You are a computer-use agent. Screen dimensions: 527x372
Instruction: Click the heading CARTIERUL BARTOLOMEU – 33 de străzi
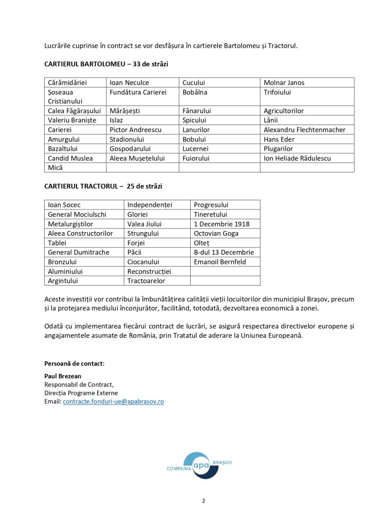point(106,64)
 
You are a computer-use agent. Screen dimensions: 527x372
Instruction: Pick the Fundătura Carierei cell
point(138,92)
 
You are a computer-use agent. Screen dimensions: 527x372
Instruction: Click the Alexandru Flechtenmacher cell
point(304,130)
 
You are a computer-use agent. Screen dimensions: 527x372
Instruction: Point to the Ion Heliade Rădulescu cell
point(297,158)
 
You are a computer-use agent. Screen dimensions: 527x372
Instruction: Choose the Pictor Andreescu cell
point(136,130)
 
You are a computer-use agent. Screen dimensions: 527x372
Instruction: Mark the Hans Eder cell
point(278,139)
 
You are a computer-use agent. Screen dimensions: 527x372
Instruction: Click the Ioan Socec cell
point(64,205)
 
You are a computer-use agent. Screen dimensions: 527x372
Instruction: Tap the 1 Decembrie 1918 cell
point(221,224)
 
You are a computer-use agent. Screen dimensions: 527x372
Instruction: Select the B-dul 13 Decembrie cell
point(224,252)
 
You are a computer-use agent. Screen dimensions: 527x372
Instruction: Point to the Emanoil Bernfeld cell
point(220,261)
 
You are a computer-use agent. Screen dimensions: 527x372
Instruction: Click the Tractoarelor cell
point(146,280)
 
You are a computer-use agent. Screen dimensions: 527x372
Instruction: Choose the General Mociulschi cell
point(77,214)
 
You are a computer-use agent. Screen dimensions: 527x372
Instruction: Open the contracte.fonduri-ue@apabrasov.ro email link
point(113,401)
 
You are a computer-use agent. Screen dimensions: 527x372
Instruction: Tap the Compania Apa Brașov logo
point(199,465)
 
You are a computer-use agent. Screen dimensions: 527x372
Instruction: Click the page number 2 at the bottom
point(203,501)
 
